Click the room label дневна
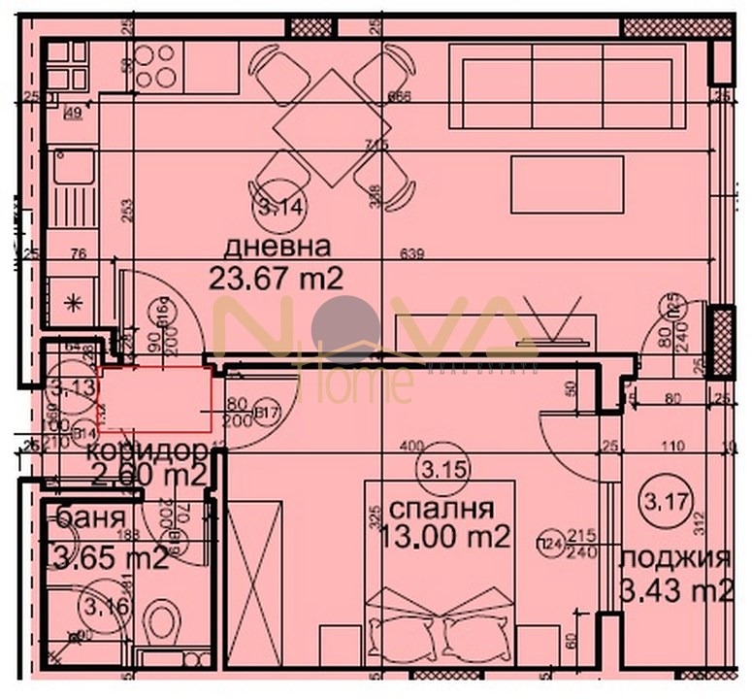(277, 245)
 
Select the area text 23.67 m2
(277, 279)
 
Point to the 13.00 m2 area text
(448, 538)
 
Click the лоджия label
(674, 558)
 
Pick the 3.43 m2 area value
(676, 589)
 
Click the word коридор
(146, 451)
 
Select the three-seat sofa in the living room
(568, 88)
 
